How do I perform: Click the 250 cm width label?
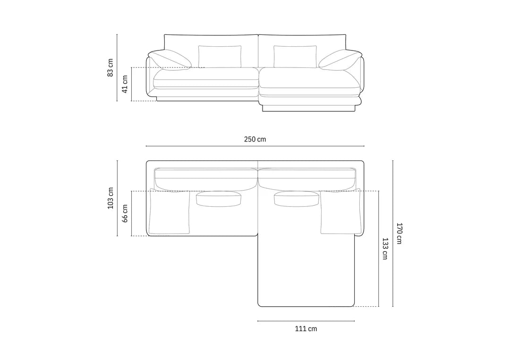255,139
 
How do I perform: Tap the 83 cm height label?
110,68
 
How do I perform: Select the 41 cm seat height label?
125,84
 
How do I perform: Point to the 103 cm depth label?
110,198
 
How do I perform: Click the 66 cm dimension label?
125,213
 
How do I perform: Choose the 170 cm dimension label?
399,234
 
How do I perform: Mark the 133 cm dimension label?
385,249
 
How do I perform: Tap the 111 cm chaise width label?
306,329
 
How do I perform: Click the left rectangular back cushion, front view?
220,57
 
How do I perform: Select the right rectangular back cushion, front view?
295,57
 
